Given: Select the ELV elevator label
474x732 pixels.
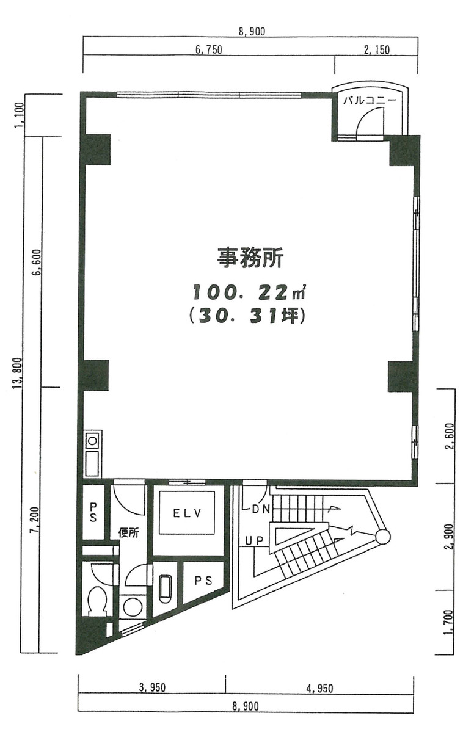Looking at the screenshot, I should (184, 513).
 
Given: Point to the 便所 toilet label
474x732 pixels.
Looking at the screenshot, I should (129, 532).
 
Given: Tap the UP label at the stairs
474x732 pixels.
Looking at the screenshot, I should (254, 540).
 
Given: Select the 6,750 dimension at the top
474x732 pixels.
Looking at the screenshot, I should (208, 51).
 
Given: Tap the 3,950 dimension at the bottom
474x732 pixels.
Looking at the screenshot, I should (153, 689).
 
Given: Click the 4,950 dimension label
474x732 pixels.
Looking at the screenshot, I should (320, 689).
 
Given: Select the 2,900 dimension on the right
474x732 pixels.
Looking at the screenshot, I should (451, 537).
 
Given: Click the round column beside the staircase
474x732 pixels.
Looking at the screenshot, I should (382, 537).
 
